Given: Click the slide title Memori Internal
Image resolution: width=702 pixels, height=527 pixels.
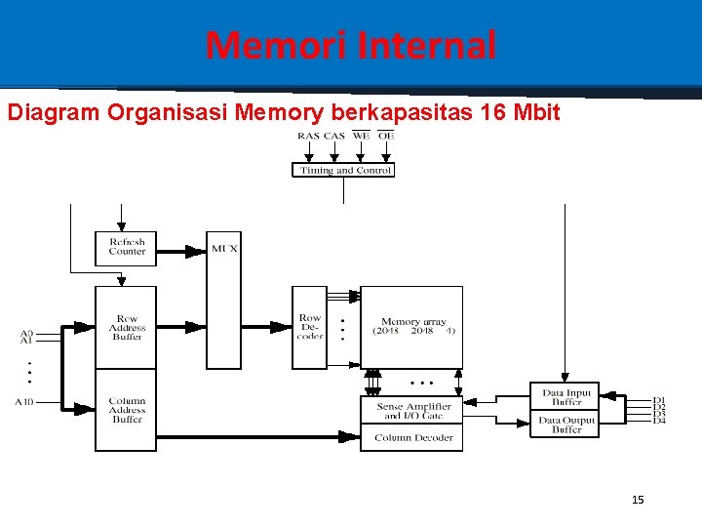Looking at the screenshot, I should (351, 45).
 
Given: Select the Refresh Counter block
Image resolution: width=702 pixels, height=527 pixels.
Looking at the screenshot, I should (126, 248).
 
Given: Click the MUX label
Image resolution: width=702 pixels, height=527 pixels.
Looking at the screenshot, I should (224, 249).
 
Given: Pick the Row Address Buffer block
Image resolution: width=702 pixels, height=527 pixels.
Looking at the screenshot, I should (126, 327).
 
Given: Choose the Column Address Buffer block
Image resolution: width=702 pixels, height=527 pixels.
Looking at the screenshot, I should (126, 410).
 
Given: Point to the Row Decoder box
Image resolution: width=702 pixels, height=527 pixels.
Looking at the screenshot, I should (309, 327).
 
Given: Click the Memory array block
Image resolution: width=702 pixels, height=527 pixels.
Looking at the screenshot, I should (412, 326).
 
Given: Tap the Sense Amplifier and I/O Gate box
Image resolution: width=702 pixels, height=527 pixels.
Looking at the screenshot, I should (412, 410).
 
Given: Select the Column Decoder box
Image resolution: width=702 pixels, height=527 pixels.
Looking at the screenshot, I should (412, 438).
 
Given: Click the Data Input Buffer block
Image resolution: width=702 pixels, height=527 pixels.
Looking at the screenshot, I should (565, 397).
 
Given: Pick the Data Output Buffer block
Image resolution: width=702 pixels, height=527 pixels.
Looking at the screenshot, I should (565, 425).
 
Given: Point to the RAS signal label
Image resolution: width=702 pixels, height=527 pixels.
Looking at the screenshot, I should (308, 136).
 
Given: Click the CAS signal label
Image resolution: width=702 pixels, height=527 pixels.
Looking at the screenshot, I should (333, 136).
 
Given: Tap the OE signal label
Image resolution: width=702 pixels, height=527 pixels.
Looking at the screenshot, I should (386, 136).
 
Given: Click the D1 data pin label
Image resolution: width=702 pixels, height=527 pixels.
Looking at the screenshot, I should (659, 399).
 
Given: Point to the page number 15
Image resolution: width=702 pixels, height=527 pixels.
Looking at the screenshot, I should (638, 500).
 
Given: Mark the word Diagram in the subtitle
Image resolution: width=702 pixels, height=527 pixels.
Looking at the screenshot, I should (54, 112).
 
